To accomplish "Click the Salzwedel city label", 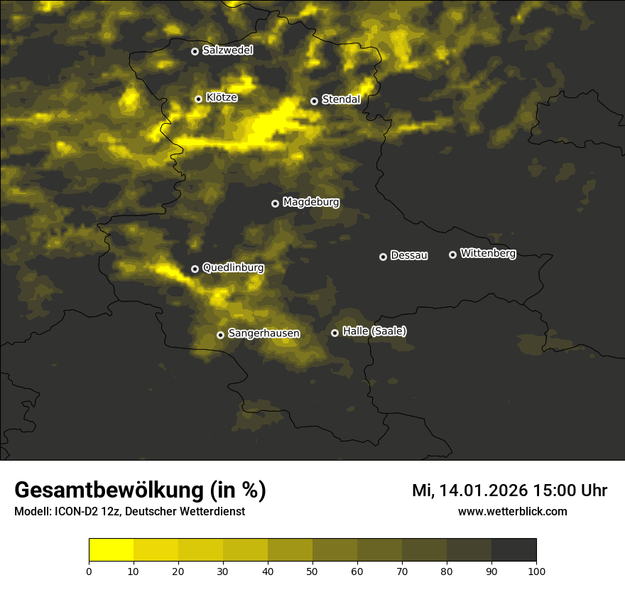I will (x=227, y=50).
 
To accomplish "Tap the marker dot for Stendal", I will (x=314, y=101).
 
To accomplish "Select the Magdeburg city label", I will (x=311, y=203).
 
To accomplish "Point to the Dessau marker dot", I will (x=383, y=257).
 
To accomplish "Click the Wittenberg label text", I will (x=488, y=253).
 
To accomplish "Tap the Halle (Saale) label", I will (x=374, y=331).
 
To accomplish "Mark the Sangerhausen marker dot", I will (x=220, y=335).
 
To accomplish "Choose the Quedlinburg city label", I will (x=233, y=268).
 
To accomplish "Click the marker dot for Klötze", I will (x=198, y=99).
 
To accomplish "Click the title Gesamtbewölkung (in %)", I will (x=140, y=490).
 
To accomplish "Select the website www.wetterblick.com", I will (x=512, y=511).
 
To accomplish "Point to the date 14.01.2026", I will (x=483, y=490).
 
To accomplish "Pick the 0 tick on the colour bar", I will (x=89, y=570).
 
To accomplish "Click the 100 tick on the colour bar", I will (x=536, y=570).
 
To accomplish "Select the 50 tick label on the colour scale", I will (x=312, y=570).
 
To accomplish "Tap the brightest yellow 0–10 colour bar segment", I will (x=112, y=550).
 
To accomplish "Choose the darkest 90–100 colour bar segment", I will (x=513, y=550).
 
